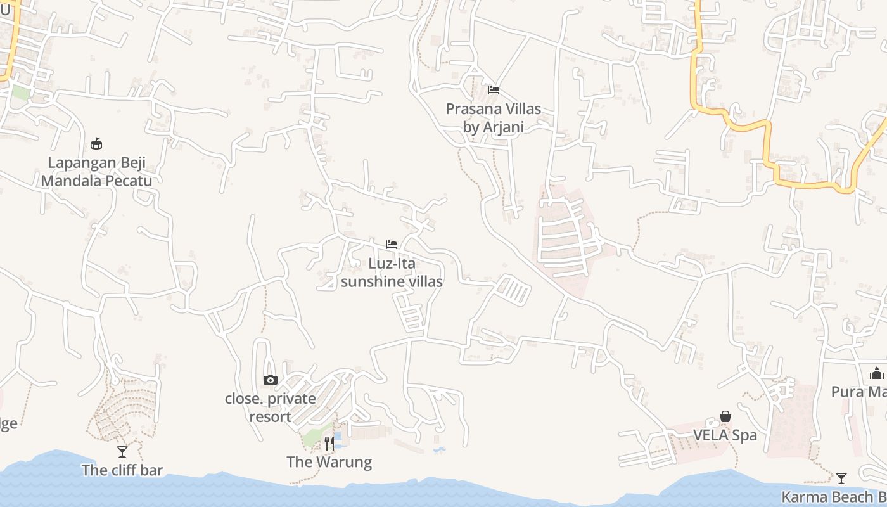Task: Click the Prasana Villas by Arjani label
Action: click(494, 118)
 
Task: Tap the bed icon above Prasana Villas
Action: click(494, 90)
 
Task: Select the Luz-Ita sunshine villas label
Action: click(392, 273)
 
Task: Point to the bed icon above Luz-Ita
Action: click(392, 245)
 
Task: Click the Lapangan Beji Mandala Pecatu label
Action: click(97, 172)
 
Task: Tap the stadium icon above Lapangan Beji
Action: click(96, 143)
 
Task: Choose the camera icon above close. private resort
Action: click(271, 380)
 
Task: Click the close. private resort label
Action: click(271, 408)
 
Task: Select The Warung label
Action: click(329, 462)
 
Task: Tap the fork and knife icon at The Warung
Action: click(329, 444)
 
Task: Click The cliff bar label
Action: click(122, 470)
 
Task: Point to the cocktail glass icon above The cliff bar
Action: click(122, 452)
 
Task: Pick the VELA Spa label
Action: click(725, 435)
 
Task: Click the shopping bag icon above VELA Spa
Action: click(725, 416)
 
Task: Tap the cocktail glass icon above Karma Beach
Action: click(841, 478)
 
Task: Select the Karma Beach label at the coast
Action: click(834, 497)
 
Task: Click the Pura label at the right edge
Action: click(858, 392)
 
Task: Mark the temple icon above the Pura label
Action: click(877, 373)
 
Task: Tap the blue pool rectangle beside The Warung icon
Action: click(338, 439)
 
